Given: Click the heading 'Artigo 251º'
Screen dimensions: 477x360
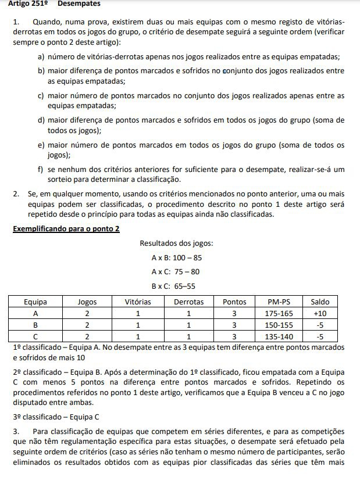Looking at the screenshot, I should click(28, 3).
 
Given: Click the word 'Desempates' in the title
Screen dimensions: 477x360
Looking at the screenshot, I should click(79, 3).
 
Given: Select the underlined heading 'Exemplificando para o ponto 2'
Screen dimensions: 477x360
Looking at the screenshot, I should click(66, 229).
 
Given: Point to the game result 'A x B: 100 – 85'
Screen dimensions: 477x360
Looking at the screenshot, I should click(176, 257).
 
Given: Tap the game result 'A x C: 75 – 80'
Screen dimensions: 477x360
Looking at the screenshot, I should click(176, 271).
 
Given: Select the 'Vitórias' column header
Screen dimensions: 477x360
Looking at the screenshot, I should click(137, 302).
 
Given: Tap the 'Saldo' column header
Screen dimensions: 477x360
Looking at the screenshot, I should click(320, 302).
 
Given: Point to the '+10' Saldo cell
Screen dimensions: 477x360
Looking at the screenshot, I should click(320, 313).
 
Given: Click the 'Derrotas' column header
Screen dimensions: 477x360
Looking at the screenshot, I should click(188, 302).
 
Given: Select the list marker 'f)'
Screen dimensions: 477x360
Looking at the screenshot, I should click(41, 169).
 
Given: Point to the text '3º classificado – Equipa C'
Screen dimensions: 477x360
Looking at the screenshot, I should click(56, 416).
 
